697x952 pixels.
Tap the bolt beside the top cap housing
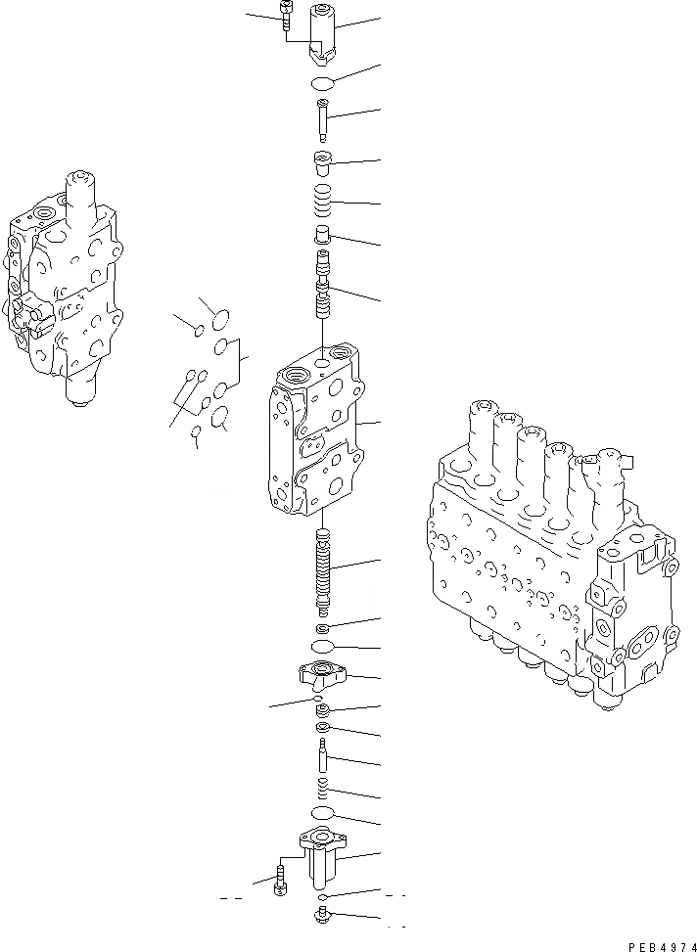[x=284, y=18]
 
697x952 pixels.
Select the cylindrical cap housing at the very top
[x=323, y=29]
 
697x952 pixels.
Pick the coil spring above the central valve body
[x=323, y=204]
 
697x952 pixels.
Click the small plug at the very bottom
[x=322, y=917]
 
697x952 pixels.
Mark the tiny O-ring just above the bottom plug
[x=322, y=896]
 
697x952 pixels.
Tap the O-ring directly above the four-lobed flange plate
[x=322, y=648]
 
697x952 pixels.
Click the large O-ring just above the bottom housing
[x=322, y=814]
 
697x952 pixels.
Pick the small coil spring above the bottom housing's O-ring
[x=322, y=789]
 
